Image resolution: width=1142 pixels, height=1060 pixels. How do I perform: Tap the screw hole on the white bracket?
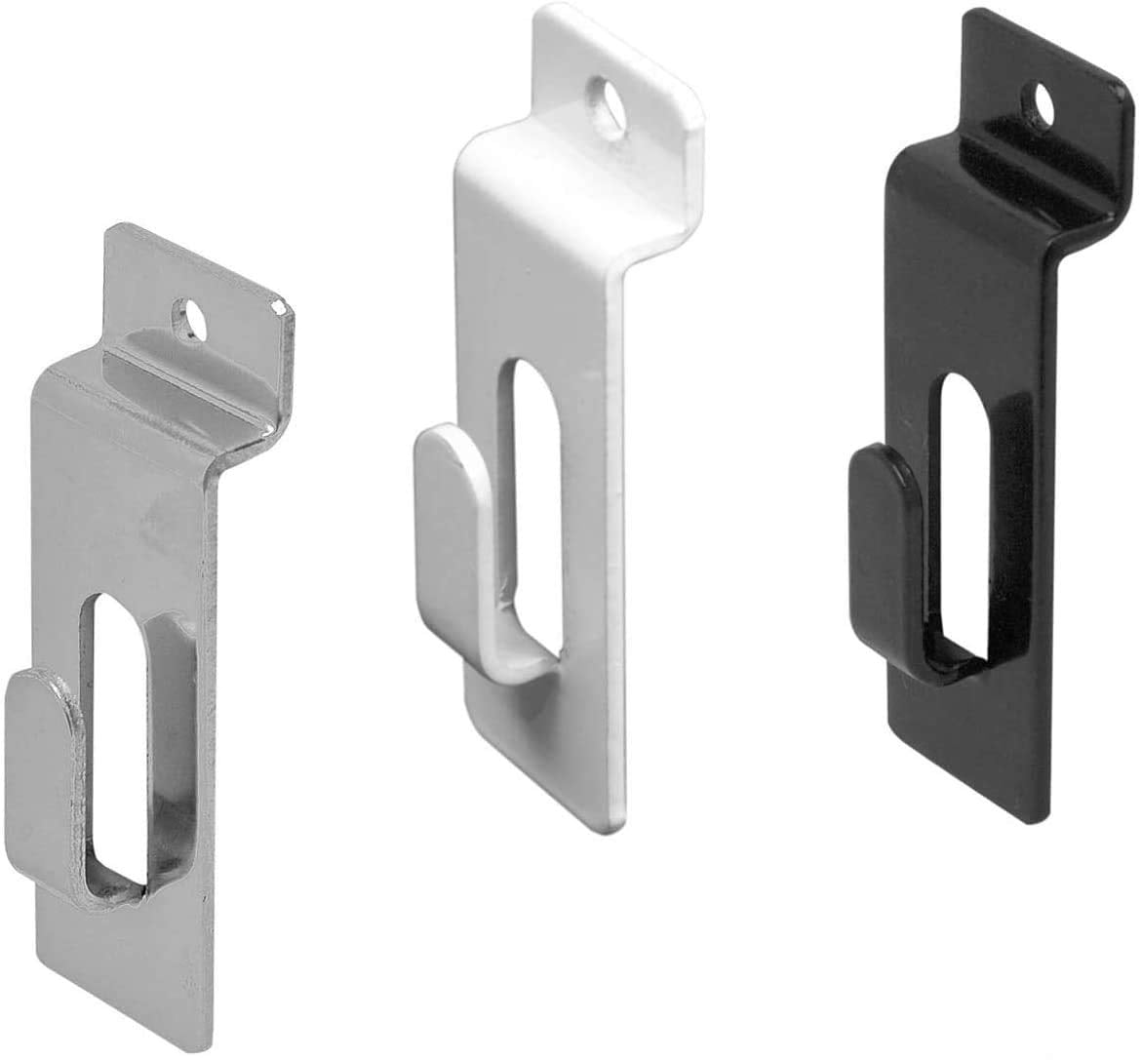pyautogui.click(x=612, y=99)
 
